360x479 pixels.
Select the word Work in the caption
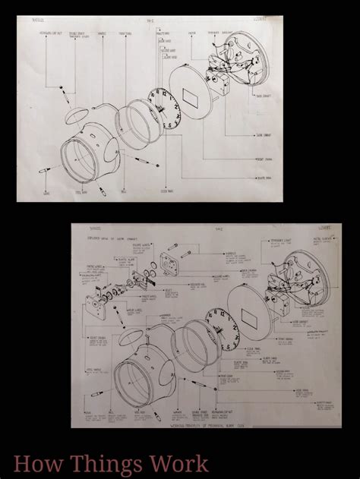177,462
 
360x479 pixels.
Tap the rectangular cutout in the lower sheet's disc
251,317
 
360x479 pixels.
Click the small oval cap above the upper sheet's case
74,116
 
